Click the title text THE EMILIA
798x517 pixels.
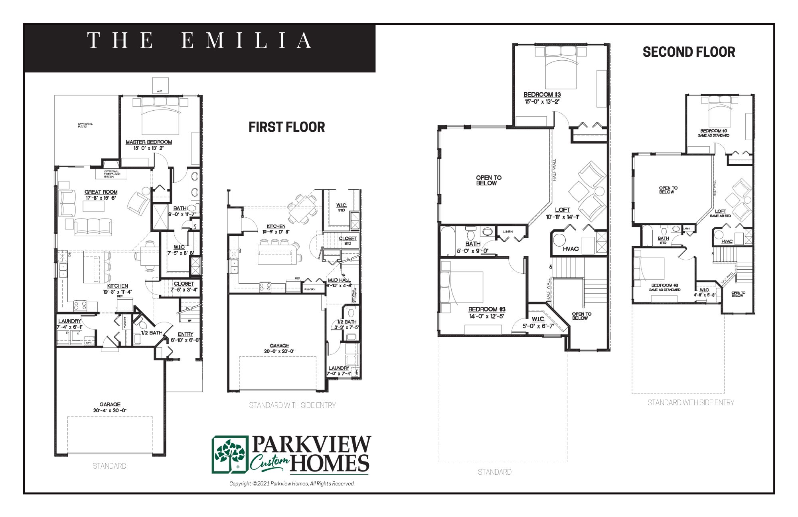(199, 41)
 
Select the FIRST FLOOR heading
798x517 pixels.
(286, 127)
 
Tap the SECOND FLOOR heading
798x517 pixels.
(689, 52)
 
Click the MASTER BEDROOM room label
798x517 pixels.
(148, 142)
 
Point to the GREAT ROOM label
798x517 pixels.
(101, 192)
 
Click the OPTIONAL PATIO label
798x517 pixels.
(85, 125)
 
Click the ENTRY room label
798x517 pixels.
(186, 334)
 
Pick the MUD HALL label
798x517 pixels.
(339, 280)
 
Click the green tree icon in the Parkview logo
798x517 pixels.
(231, 454)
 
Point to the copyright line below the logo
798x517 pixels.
(292, 484)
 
